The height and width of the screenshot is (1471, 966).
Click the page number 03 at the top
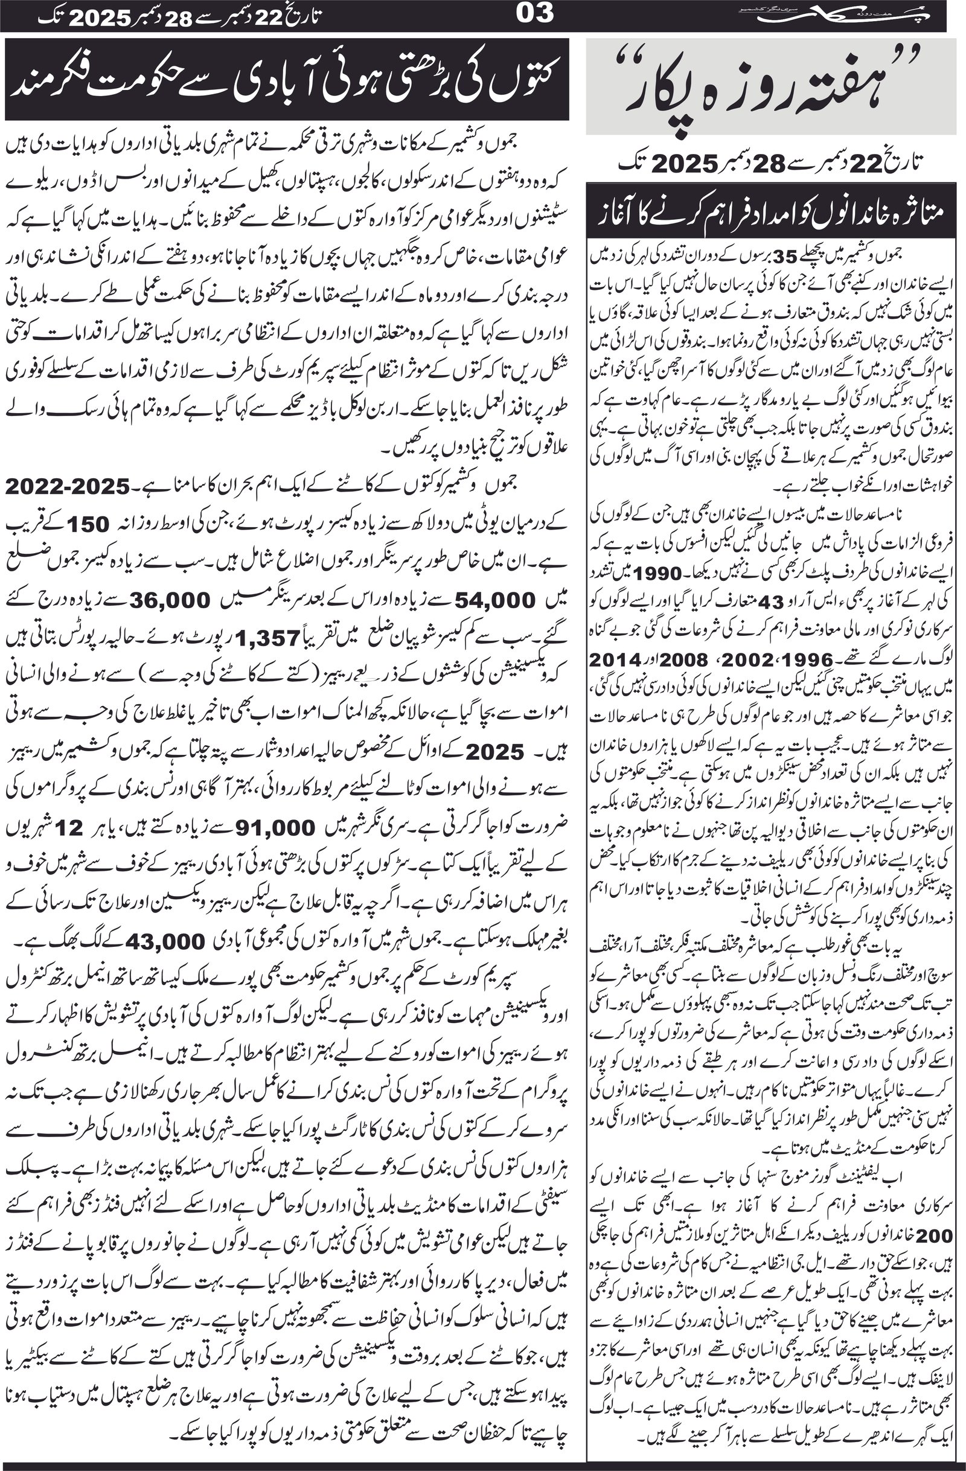click(x=536, y=13)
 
